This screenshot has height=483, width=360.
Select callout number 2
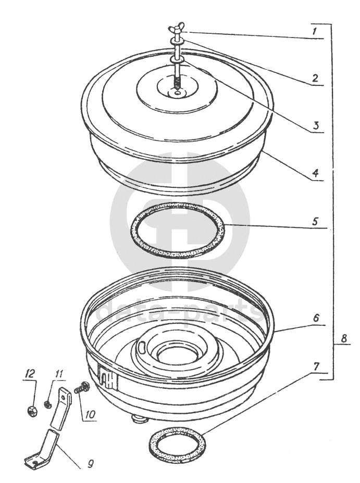(314, 78)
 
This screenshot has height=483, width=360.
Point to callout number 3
(315, 125)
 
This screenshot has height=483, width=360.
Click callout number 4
(315, 173)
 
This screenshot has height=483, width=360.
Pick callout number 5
(315, 221)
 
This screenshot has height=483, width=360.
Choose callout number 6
(316, 318)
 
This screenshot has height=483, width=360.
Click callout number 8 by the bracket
(344, 338)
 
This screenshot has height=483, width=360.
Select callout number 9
(90, 464)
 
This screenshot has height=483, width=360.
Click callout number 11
(58, 375)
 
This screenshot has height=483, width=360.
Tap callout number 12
(30, 374)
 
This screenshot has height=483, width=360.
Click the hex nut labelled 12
(32, 411)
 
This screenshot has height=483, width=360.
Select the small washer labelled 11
(47, 403)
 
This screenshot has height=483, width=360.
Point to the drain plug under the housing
(139, 419)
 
